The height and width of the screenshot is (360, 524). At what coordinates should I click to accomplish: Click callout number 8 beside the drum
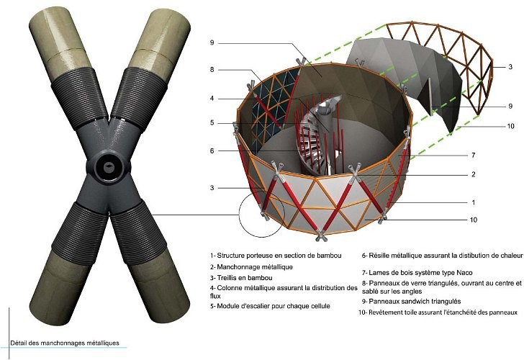point(212,70)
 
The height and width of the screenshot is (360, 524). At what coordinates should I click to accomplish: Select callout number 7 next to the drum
point(473,155)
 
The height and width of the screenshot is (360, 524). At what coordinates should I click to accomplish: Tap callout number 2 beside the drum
point(473,174)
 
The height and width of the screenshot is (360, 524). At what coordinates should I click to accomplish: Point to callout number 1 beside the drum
point(473,202)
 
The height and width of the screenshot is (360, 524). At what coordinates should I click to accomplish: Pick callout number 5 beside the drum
point(212,123)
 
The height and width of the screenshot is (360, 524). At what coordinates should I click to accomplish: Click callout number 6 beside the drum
point(212,150)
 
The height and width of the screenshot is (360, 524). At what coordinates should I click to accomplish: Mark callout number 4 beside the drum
point(212,99)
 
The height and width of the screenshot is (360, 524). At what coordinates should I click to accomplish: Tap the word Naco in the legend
point(464,272)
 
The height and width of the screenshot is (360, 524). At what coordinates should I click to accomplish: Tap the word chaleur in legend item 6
point(512,256)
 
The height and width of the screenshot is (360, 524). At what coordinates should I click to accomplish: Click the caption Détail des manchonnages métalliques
point(65,343)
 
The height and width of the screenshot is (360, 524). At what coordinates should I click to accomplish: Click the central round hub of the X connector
point(109,166)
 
